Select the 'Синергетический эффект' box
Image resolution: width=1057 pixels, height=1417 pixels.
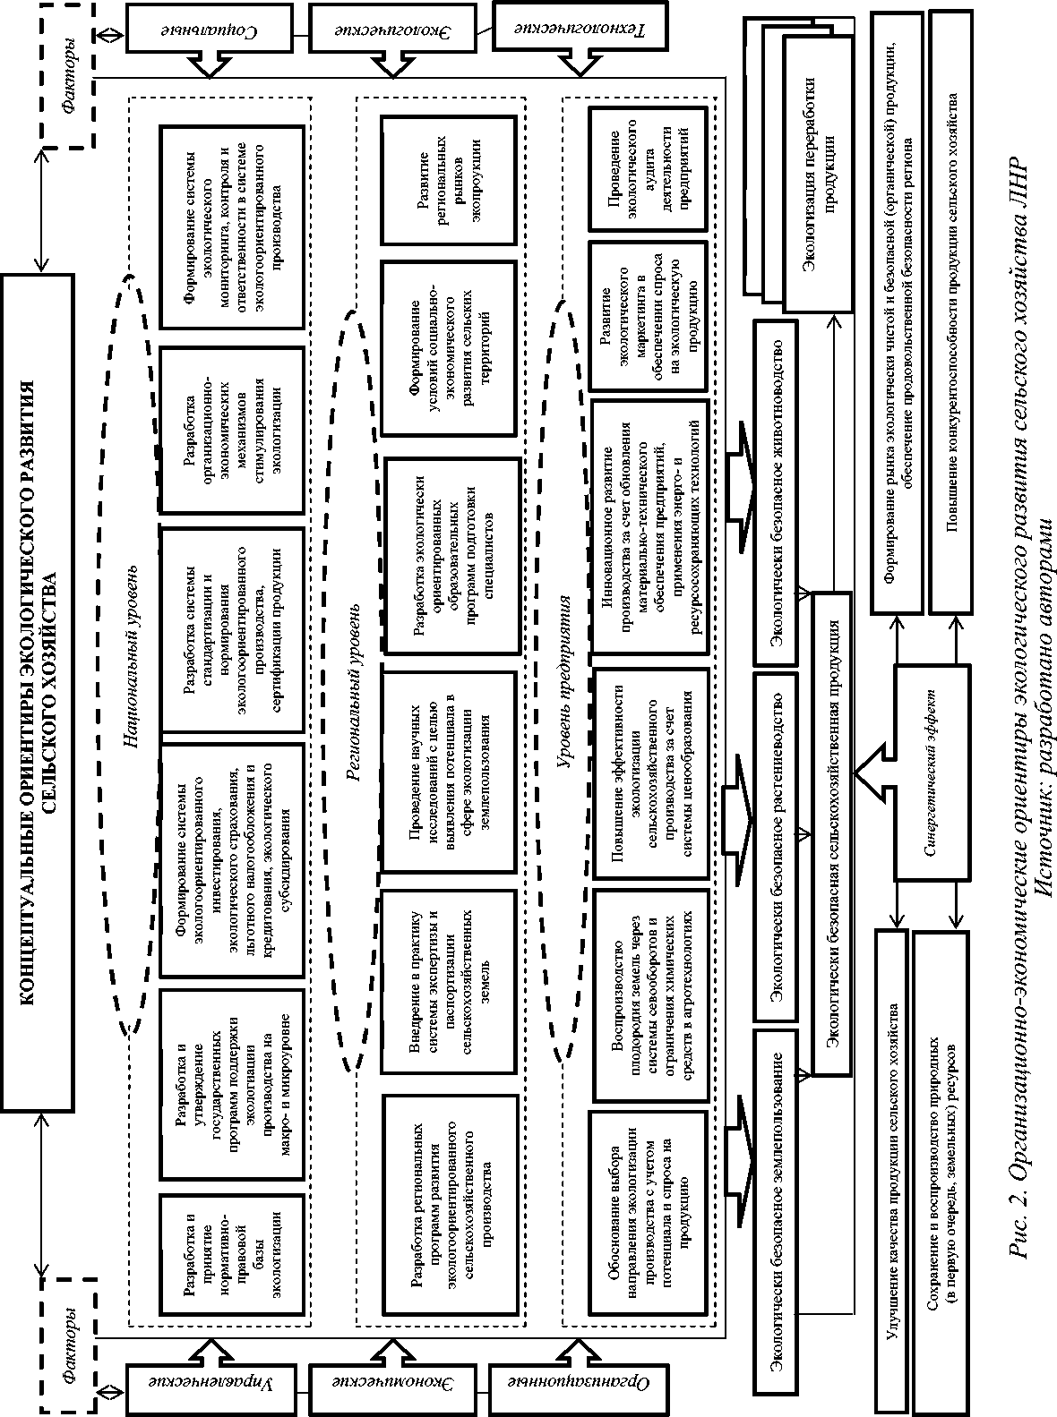coord(932,762)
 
